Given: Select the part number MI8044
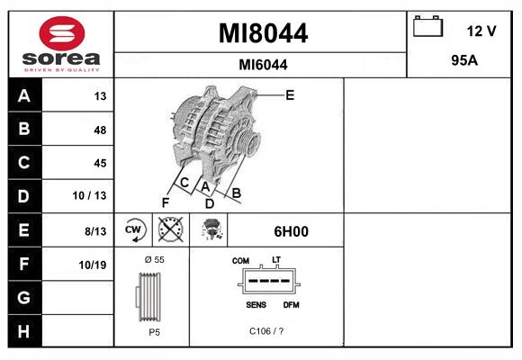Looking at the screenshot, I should (263, 33).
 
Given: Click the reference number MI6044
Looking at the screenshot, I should (263, 64).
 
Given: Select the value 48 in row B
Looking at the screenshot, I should (99, 130).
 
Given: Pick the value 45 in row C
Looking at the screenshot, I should (99, 163).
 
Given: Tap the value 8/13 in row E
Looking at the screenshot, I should (94, 231).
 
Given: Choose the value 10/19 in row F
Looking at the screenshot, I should (93, 265).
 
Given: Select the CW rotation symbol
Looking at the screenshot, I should (133, 230).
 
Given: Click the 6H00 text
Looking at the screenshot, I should (291, 231).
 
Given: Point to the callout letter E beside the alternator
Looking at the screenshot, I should (290, 94).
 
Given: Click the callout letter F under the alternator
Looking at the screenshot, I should (165, 202).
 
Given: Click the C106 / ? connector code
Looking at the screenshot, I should (266, 331).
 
